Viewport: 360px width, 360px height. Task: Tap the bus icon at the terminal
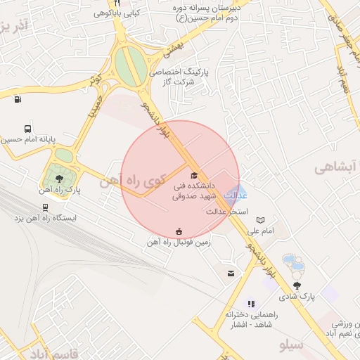(x=27, y=129)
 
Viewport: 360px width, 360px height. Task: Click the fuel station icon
(x=17, y=98)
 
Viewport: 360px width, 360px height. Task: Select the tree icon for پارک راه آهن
(x=59, y=179)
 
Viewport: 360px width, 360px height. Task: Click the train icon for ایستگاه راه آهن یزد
(x=46, y=207)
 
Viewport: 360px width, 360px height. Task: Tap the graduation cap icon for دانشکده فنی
(x=194, y=175)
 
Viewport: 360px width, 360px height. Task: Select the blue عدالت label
(x=234, y=195)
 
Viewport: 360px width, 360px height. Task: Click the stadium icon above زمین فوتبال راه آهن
(x=179, y=232)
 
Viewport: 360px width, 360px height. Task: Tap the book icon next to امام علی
(x=261, y=220)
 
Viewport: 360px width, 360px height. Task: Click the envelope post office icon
(x=231, y=273)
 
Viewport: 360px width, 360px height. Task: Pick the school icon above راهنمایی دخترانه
(x=251, y=304)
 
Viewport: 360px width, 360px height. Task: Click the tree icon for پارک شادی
(x=298, y=285)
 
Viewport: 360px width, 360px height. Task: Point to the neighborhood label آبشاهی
(x=336, y=167)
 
